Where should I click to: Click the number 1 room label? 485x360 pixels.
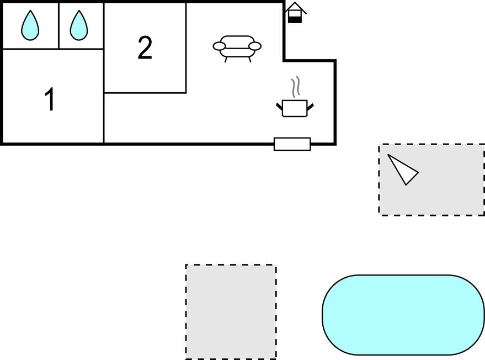tap(50, 99)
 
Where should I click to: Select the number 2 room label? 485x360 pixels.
tap(145, 47)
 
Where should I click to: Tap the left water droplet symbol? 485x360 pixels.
tap(30, 25)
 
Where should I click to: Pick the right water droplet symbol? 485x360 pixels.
tap(79, 25)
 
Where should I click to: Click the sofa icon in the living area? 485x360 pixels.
tap(237, 49)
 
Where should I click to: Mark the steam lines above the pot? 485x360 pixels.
tap(296, 87)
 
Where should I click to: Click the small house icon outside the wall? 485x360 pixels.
tap(295, 13)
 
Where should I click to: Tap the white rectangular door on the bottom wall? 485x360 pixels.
tap(292, 144)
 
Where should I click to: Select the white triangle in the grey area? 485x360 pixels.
tap(403, 169)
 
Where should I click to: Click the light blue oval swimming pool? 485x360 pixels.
tap(403, 315)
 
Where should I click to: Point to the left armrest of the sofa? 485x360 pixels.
tap(219, 46)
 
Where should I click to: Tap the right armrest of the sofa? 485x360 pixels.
tap(255, 46)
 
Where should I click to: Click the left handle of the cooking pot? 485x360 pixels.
tap(280, 107)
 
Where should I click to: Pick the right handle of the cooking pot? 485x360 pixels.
tap(310, 107)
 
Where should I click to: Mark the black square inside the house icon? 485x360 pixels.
tap(295, 20)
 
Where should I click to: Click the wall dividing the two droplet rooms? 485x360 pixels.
tap(59, 25)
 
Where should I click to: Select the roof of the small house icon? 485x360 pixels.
tap(295, 8)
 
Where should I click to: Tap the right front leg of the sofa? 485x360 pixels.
tap(249, 60)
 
